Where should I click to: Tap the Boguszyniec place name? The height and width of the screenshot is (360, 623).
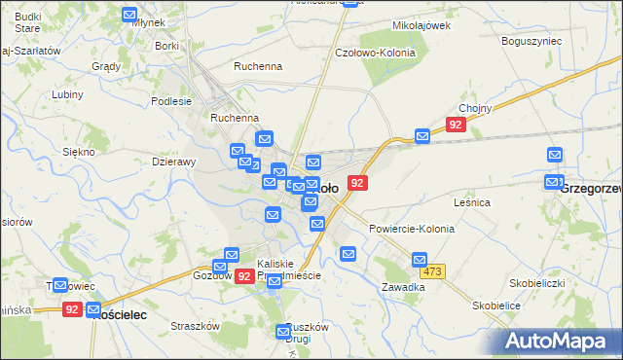coord(531,42)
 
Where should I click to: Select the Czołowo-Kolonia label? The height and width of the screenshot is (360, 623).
coord(375,53)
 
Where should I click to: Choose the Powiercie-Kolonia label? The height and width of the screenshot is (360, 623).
coord(412,228)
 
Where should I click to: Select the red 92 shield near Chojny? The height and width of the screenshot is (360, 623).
coord(456,125)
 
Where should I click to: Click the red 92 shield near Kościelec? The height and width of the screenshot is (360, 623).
coord(72,308)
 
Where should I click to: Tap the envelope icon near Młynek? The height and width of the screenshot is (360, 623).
coord(130,15)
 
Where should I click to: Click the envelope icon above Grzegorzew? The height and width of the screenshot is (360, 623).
coord(554,155)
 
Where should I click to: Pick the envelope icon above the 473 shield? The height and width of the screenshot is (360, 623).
coord(419,260)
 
